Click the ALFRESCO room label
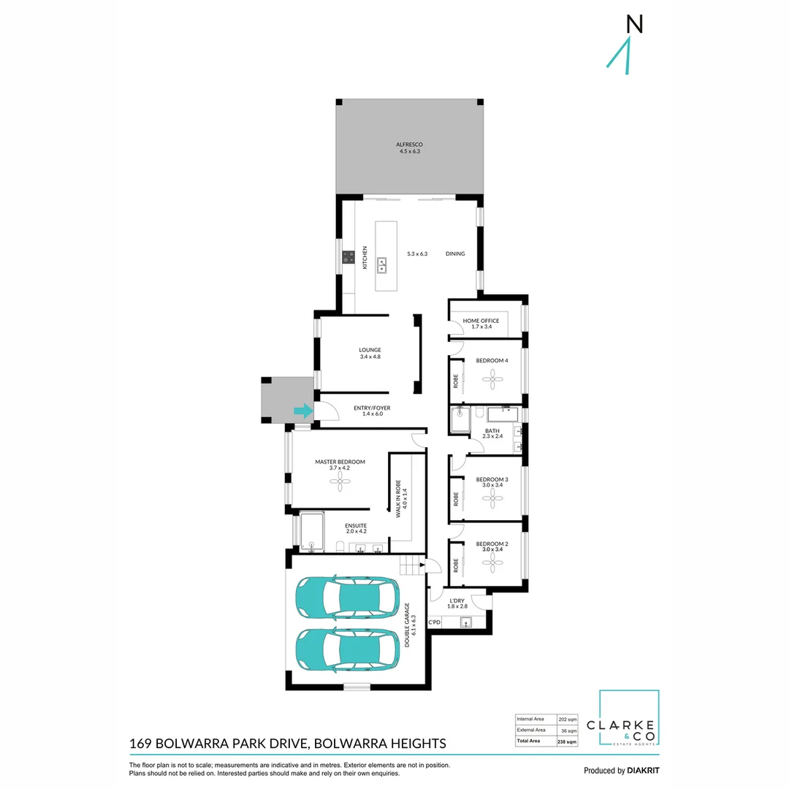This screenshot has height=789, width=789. coord(409,145)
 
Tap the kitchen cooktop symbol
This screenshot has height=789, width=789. coord(348,256)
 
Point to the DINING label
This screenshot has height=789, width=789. coord(455,254)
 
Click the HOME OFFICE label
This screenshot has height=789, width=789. coord(481,321)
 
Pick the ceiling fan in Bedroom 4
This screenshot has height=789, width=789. coord(492,378)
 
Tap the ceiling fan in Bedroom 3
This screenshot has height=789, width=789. coord(492,498)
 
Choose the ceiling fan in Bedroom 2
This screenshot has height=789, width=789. coord(492,562)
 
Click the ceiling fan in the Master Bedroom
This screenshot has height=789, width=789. coord(340,479)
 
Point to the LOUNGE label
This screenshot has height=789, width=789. coord(370,350)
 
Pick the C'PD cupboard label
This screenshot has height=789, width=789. coord(434,622)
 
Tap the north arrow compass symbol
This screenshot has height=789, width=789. coord(624,48)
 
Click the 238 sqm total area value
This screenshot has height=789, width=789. coord(567,742)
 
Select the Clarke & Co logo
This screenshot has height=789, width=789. coord(628,719)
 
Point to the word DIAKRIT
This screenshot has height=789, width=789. coord(643,771)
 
